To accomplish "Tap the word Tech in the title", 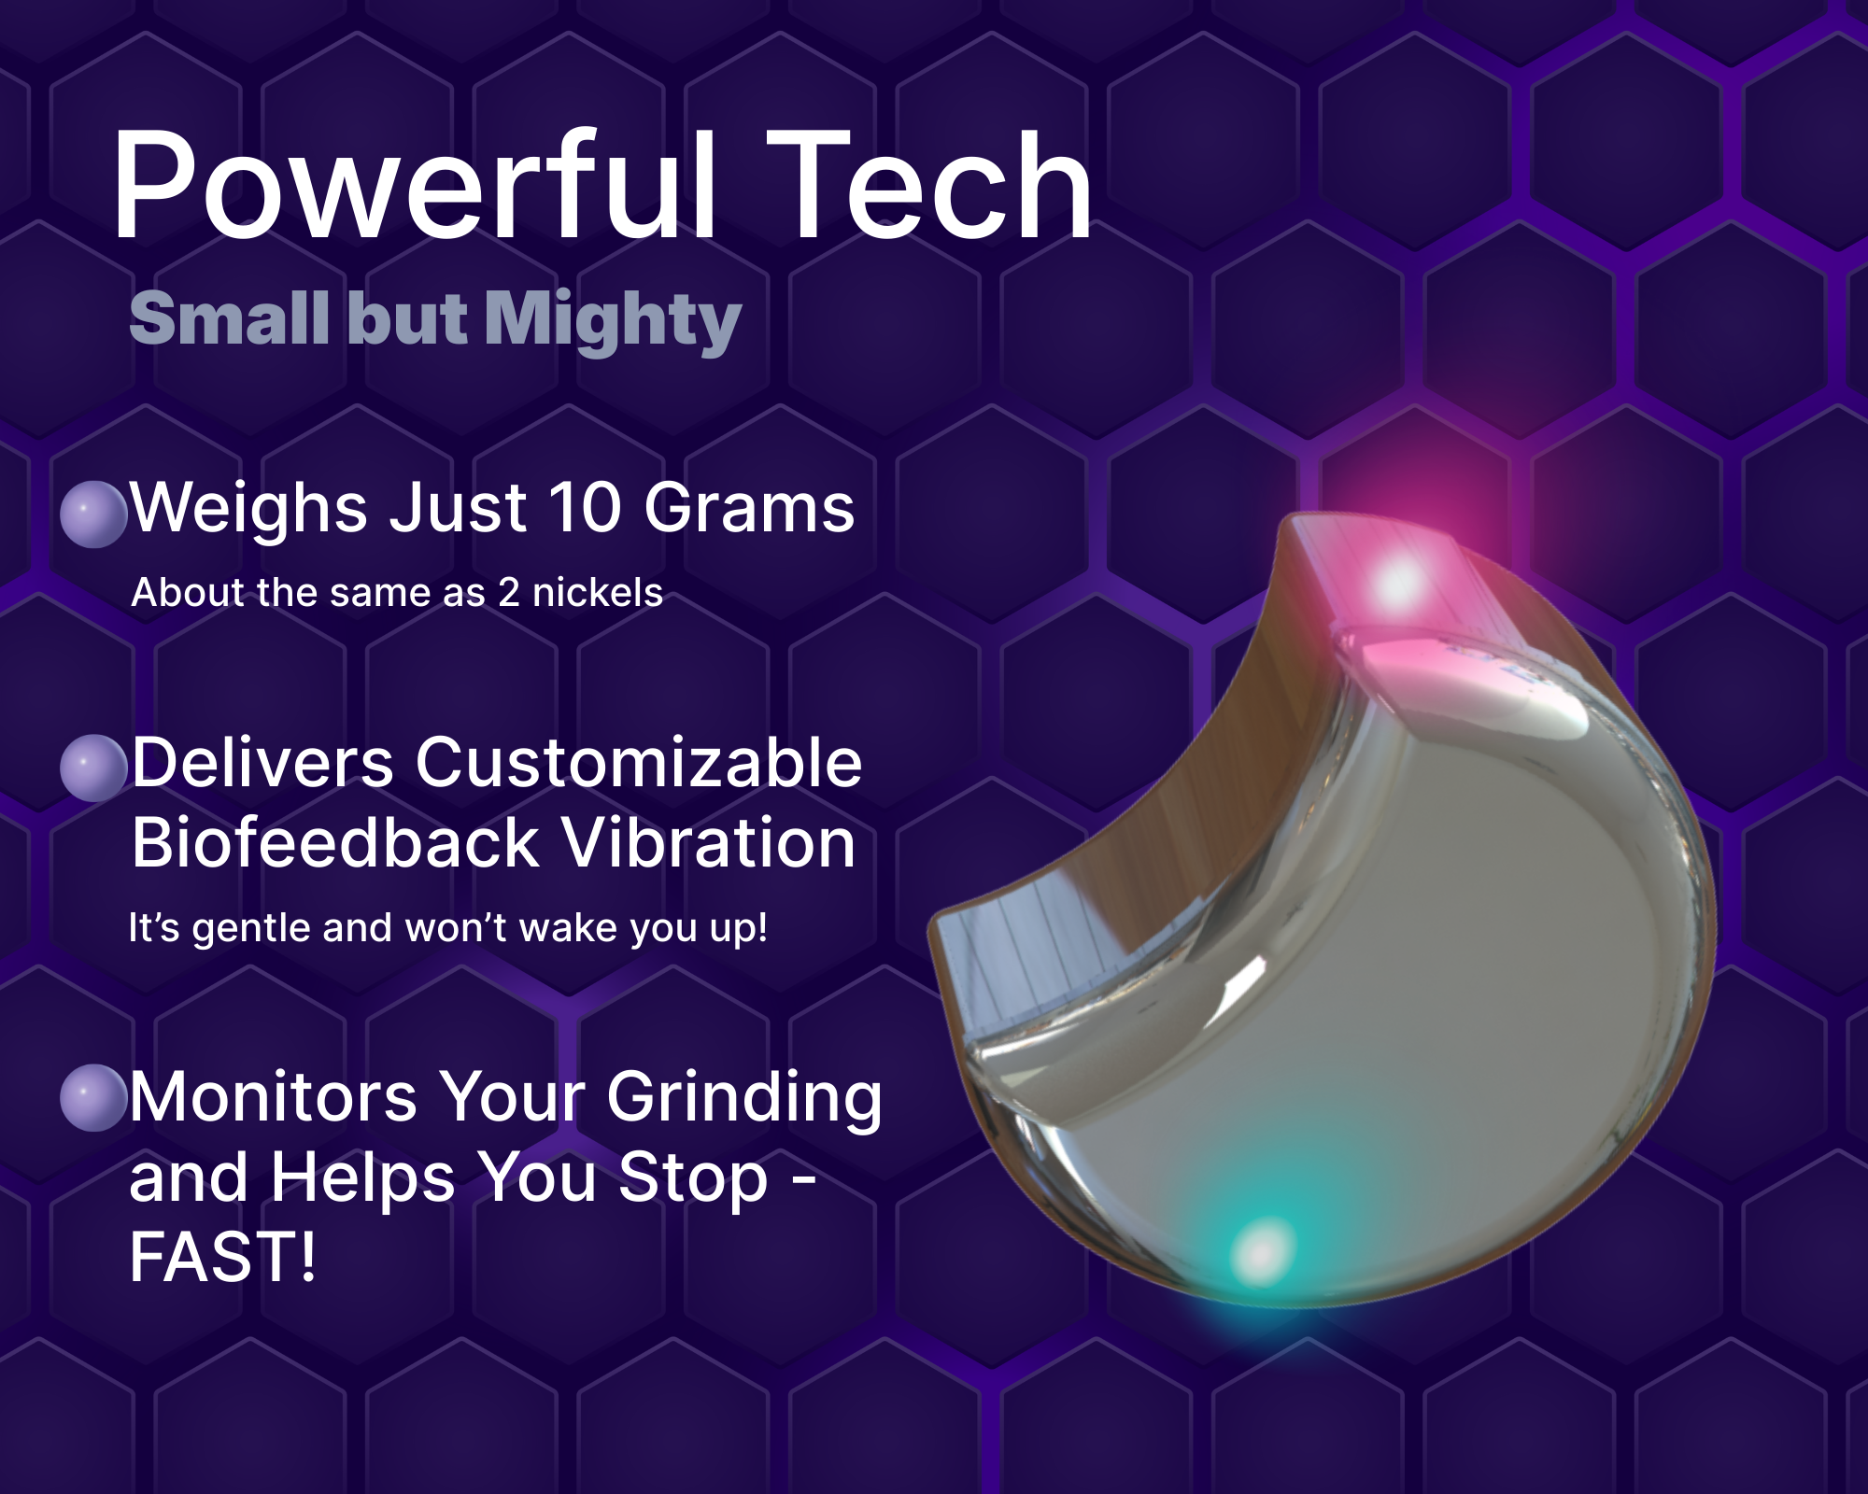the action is (929, 184).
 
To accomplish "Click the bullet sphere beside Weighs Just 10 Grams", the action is (93, 514).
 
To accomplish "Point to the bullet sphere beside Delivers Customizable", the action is (93, 768).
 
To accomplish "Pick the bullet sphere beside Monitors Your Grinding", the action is (93, 1098).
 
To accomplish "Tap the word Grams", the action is (749, 508).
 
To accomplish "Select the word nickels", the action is (598, 593).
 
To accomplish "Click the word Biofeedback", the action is (335, 842).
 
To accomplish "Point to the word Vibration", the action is (709, 842).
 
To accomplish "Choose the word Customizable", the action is (639, 763).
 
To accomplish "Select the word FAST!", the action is (223, 1257).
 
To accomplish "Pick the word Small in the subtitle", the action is (230, 318).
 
